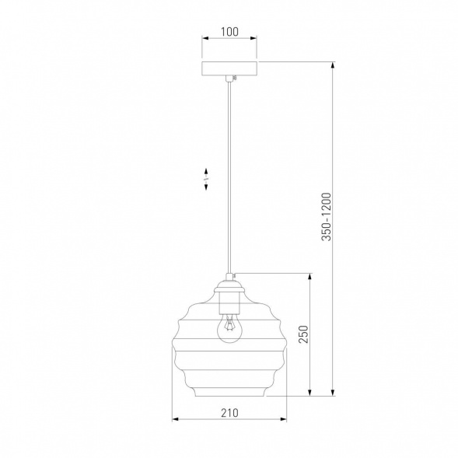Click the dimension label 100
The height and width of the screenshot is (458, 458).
pyautogui.click(x=229, y=32)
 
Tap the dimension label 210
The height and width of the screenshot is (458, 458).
pyautogui.click(x=229, y=413)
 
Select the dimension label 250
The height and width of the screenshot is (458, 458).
pyautogui.click(x=303, y=334)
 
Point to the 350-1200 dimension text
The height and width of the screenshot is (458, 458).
pyautogui.click(x=327, y=216)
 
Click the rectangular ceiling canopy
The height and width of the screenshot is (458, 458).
pyautogui.click(x=229, y=68)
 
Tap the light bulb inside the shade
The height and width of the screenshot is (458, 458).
pyautogui.click(x=229, y=327)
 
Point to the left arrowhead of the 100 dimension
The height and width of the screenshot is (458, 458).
pyautogui.click(x=205, y=38)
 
